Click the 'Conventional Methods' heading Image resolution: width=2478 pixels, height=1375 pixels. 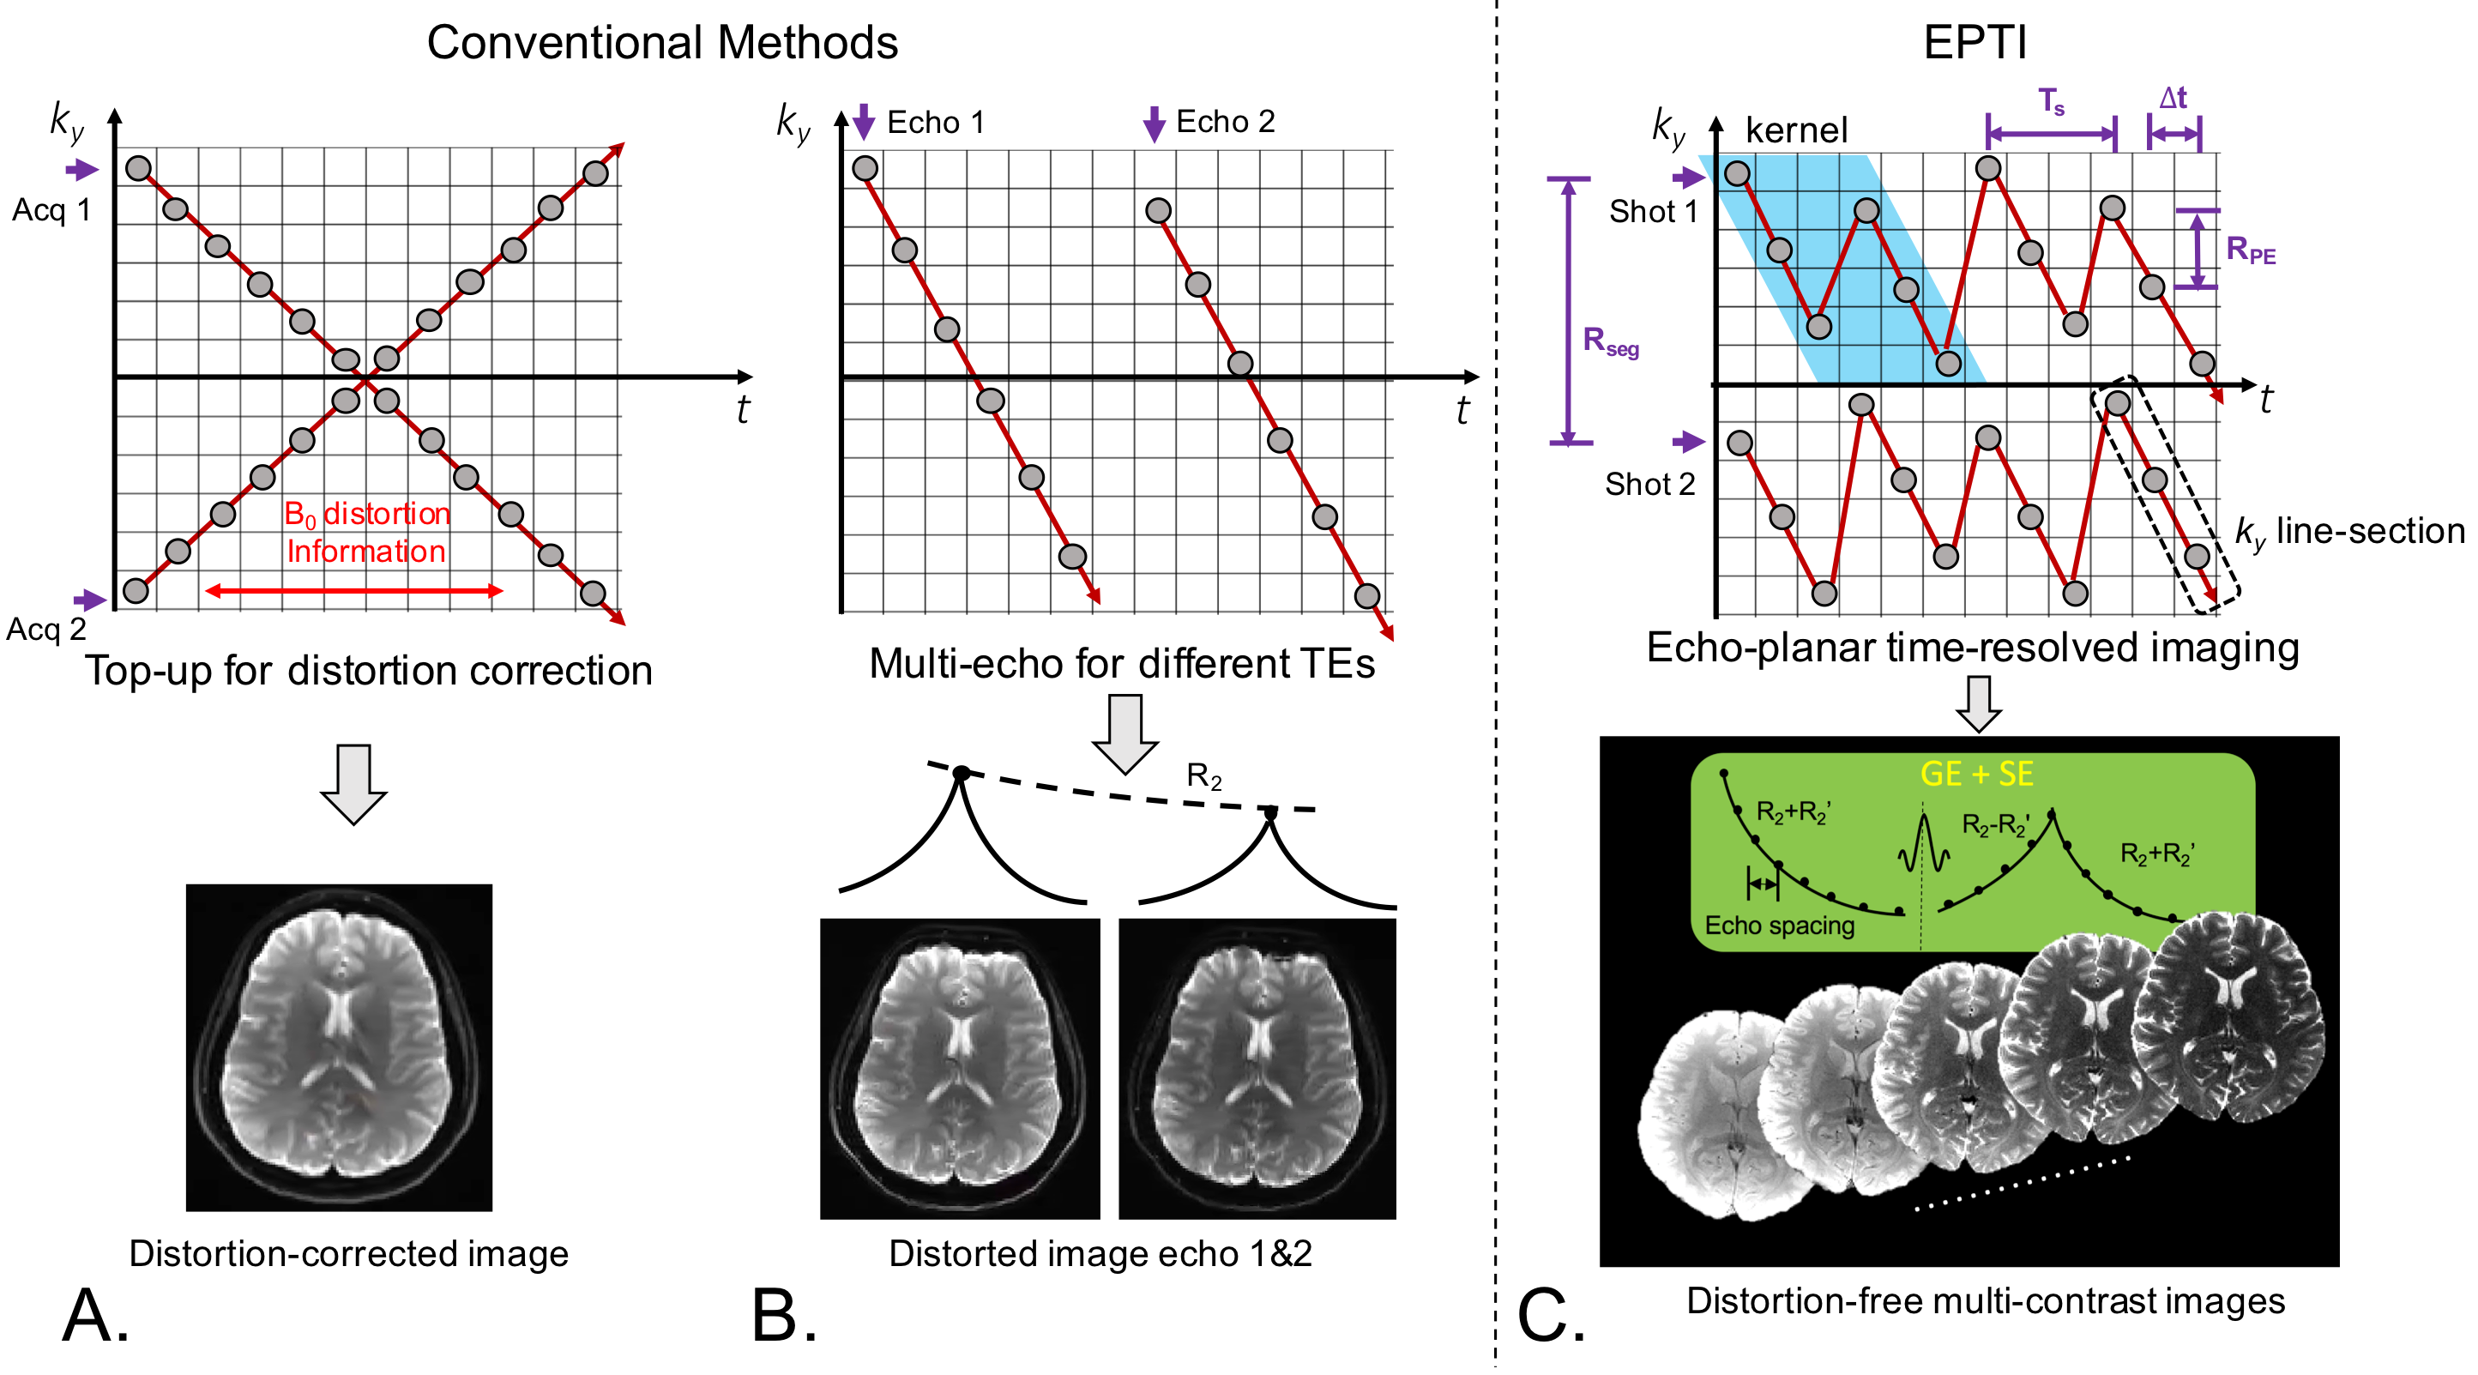662,43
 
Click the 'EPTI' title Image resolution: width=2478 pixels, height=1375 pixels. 1974,43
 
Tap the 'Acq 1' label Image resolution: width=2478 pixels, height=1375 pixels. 51,210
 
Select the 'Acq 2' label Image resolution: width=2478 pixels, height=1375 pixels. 46,630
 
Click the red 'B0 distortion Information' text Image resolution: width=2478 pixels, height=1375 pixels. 366,532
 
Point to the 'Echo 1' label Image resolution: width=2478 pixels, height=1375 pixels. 935,122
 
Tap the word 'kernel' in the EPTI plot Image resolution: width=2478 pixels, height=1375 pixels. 1796,130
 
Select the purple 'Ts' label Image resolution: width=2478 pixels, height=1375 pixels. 2051,101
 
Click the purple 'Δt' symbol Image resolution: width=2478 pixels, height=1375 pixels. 2172,98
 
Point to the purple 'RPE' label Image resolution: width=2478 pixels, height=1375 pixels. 2251,250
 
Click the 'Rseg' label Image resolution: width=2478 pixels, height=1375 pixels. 1610,341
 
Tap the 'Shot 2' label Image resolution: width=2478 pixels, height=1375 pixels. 1649,484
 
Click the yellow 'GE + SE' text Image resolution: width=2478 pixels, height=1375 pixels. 1976,774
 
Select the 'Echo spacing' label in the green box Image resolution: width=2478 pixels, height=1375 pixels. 1779,926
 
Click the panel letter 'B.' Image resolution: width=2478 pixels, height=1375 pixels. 784,1317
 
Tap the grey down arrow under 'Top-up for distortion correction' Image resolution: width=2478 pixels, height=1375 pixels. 353,783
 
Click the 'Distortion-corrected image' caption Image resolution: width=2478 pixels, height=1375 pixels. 348,1254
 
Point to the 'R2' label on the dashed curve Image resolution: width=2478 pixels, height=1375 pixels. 1203,775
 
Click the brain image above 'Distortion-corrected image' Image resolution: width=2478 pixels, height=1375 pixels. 339,1046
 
